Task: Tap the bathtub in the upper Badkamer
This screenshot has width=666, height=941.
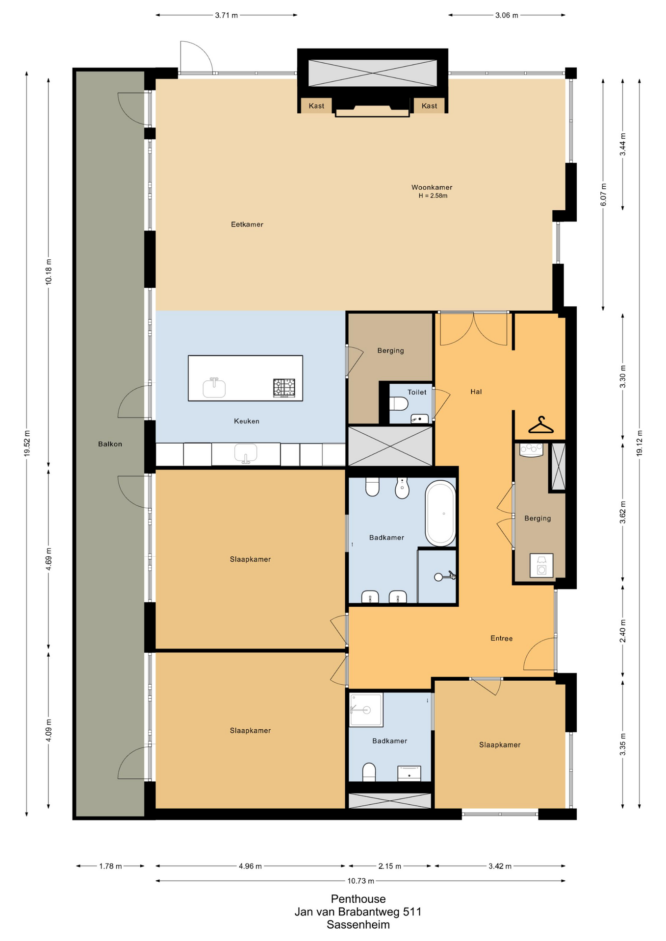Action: (440, 513)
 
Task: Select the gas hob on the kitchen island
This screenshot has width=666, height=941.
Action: (284, 388)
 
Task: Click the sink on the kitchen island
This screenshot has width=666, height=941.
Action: (214, 388)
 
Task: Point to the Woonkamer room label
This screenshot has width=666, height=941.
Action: (432, 187)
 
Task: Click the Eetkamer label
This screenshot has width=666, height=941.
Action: (247, 224)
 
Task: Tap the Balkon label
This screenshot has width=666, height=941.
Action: (110, 444)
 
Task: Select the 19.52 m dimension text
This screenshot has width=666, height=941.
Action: (27, 444)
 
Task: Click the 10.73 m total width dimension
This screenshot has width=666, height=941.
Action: (361, 881)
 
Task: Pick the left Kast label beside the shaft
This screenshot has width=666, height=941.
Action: (316, 106)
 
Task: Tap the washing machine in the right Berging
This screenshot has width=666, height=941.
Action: (541, 565)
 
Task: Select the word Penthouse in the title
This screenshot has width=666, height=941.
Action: (358, 899)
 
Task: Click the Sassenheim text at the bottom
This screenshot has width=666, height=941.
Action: (358, 925)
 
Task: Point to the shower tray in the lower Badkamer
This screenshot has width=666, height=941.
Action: (366, 710)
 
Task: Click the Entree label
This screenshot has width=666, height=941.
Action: (501, 638)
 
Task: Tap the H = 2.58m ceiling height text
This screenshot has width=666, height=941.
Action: (433, 196)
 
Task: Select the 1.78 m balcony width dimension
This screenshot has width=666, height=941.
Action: (110, 866)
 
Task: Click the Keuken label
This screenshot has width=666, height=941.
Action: (247, 421)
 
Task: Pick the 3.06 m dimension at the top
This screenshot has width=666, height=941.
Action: (507, 15)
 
